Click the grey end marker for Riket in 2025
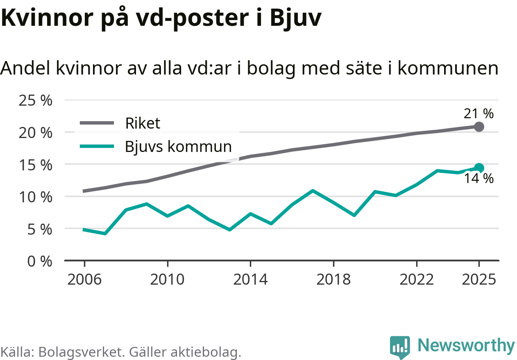click(479, 127)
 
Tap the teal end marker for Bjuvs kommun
click(479, 168)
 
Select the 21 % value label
click(478, 113)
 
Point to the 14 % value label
click(478, 179)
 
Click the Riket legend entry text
click(143, 123)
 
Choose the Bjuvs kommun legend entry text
click(178, 146)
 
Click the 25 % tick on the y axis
click(36, 100)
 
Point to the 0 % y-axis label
click(40, 261)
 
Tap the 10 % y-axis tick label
click(36, 197)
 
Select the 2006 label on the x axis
click(84, 280)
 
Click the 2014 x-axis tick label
click(250, 280)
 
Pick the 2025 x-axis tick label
click(478, 280)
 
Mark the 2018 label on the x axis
click(333, 280)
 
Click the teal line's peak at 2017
click(313, 190)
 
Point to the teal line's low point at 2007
click(105, 233)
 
